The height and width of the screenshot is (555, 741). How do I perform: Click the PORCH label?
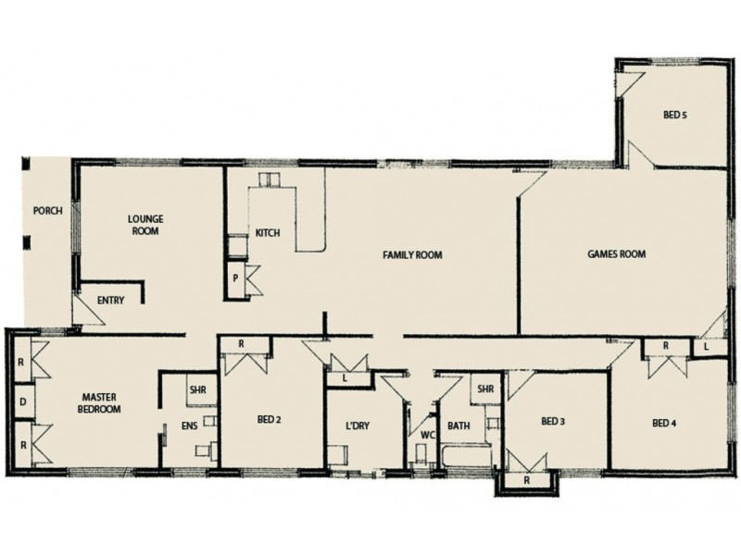pyautogui.click(x=47, y=210)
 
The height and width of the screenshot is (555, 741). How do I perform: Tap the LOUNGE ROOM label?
pyautogui.click(x=145, y=225)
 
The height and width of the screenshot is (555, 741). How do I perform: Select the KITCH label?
pyautogui.click(x=268, y=233)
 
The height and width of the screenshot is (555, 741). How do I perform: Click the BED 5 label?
pyautogui.click(x=675, y=116)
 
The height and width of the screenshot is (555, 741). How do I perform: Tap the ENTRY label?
pyautogui.click(x=112, y=300)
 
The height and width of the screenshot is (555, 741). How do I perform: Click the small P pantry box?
pyautogui.click(x=236, y=277)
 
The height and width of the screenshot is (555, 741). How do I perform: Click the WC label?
pyautogui.click(x=427, y=433)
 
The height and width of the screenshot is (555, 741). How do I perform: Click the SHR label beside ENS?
pyautogui.click(x=196, y=389)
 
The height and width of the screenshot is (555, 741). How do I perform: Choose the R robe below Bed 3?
pyautogui.click(x=526, y=481)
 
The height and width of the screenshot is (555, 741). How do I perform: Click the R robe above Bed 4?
pyautogui.click(x=665, y=347)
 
